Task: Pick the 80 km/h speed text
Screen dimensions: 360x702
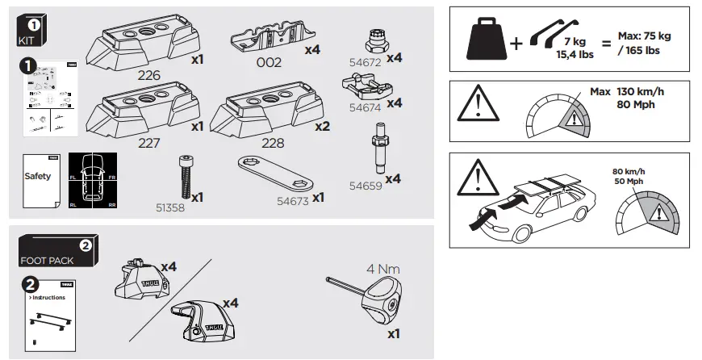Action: (630, 171)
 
